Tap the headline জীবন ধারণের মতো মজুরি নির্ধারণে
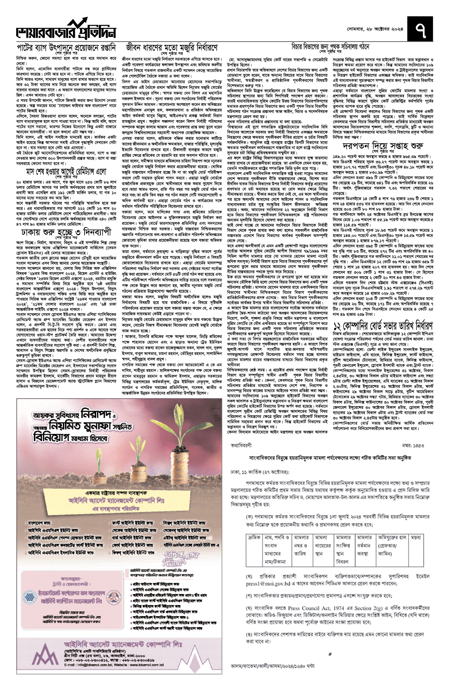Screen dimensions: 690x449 pos(172,48)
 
